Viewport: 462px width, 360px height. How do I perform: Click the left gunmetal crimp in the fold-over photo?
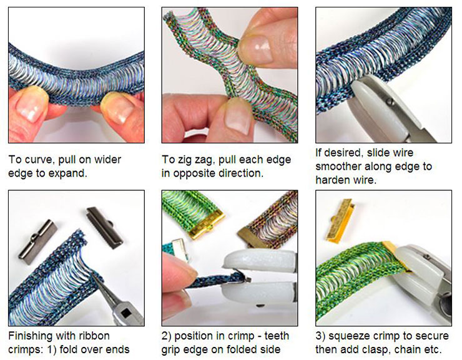pos(37,241)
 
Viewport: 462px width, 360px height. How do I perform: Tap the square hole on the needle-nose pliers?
pos(127,313)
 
